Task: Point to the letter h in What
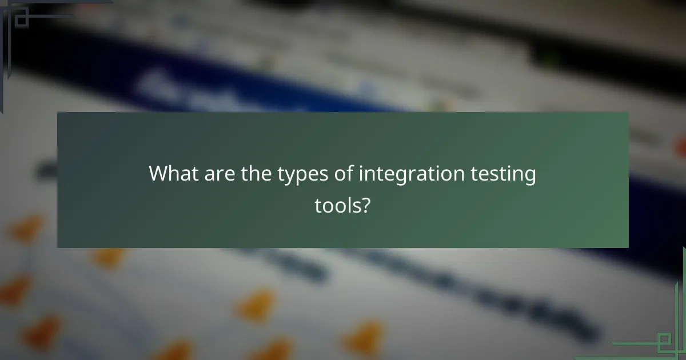[174, 173]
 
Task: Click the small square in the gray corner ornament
[21, 19]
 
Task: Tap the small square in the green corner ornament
[664, 343]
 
